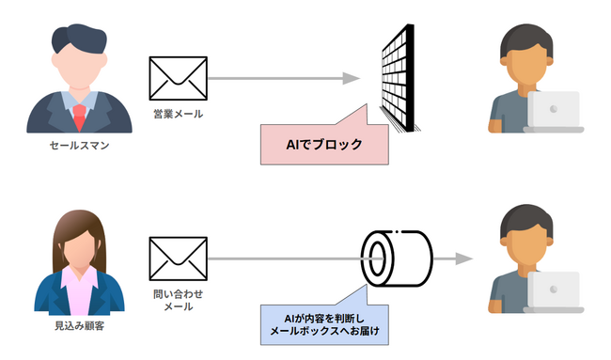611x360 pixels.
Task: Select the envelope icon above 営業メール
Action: click(178, 79)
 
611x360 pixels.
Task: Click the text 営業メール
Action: click(178, 114)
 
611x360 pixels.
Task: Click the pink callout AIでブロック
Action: click(323, 144)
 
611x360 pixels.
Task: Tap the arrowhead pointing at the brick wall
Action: click(352, 79)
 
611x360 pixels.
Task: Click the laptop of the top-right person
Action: click(553, 111)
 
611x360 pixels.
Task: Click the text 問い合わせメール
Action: click(178, 300)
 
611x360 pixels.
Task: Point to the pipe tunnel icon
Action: click(396, 255)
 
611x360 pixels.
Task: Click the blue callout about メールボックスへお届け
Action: click(323, 324)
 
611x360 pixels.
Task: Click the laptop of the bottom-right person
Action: click(553, 290)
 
